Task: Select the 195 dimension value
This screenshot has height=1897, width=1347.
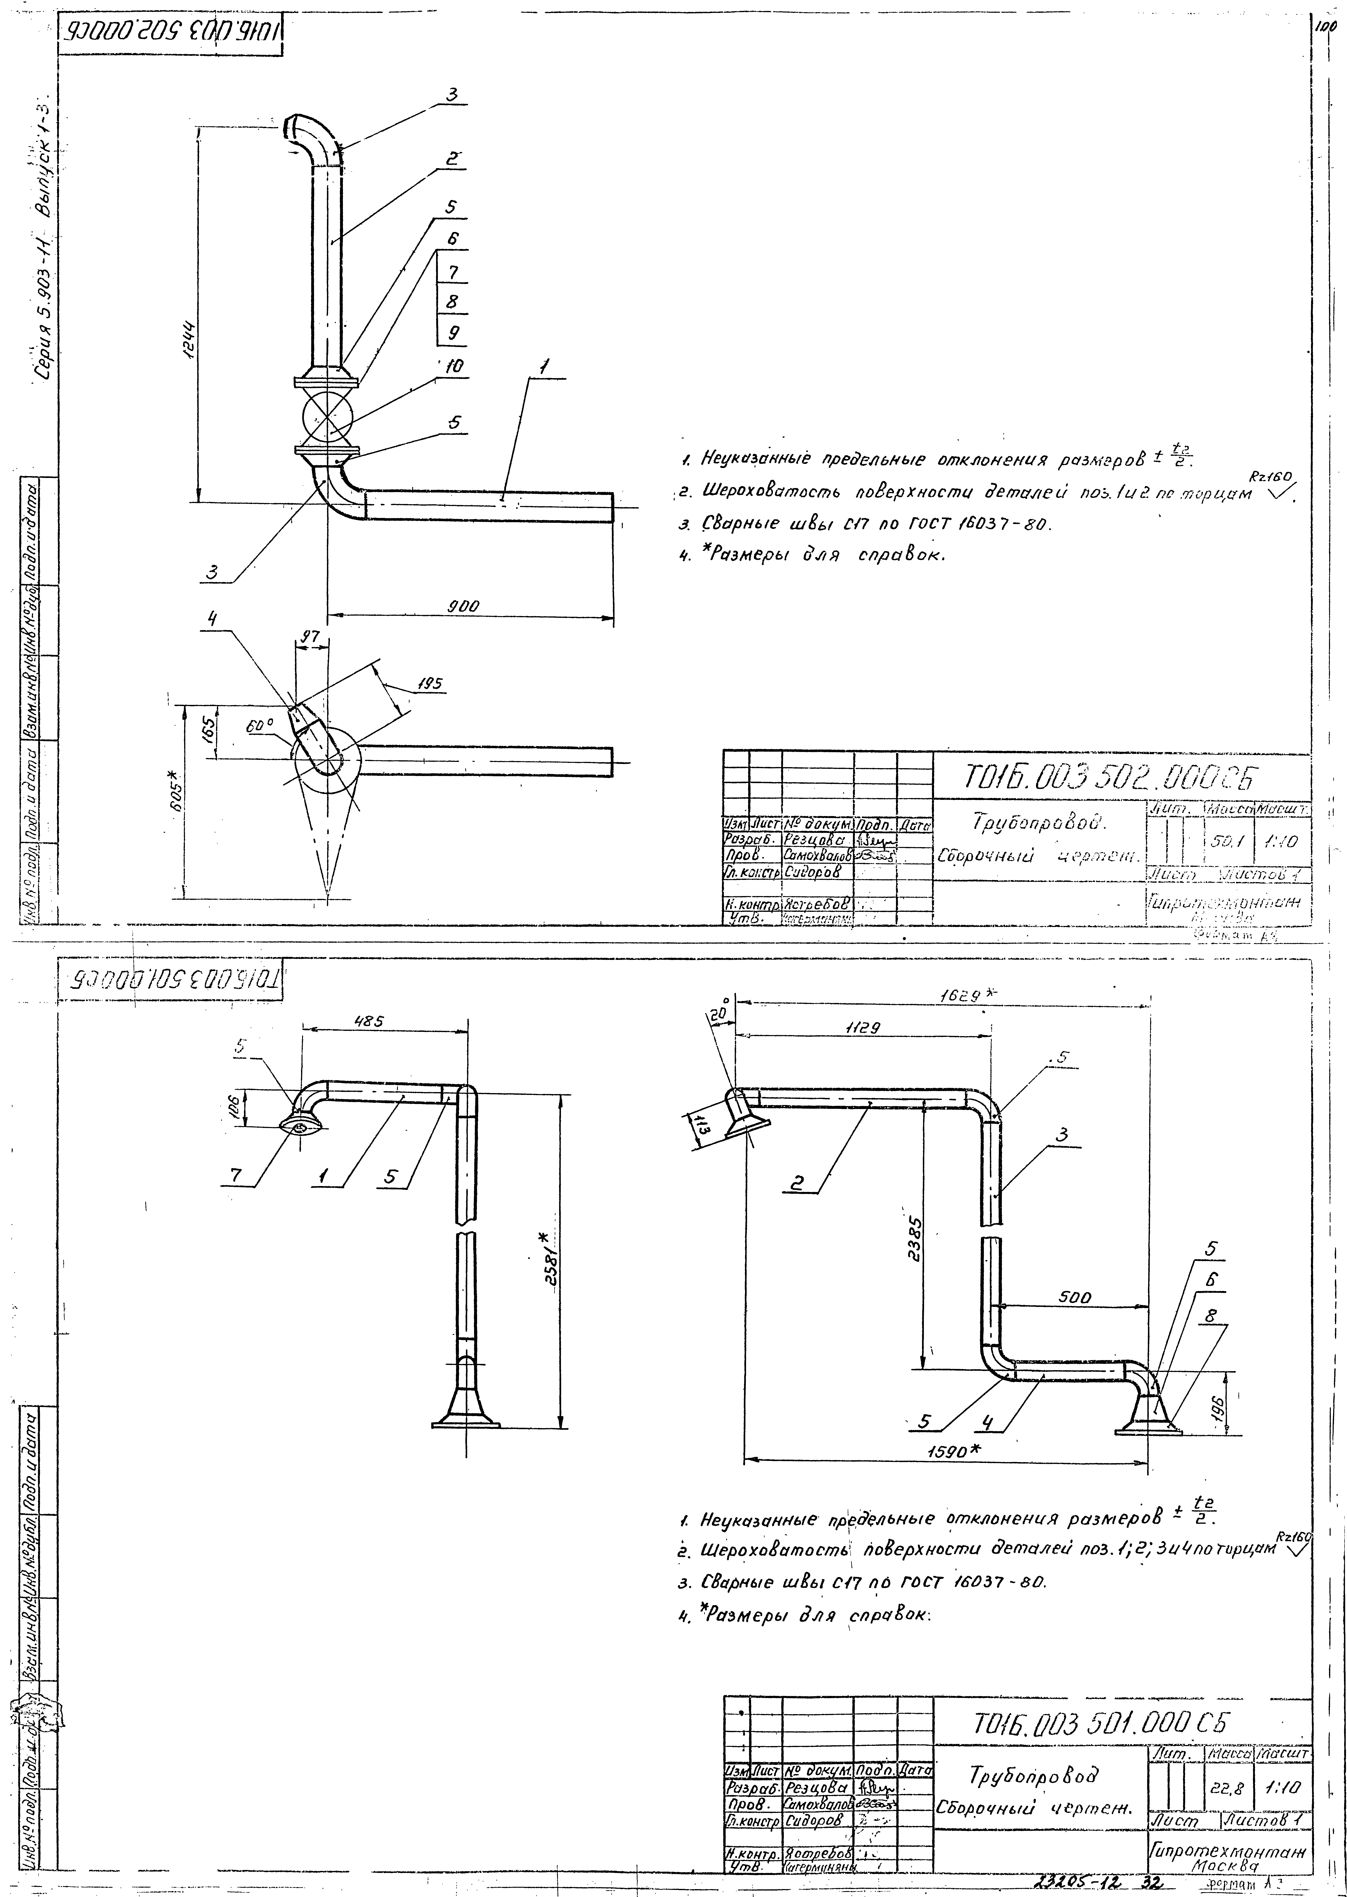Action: click(430, 684)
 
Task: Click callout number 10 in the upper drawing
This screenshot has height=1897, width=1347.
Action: click(454, 366)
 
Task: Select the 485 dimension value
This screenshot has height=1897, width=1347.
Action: click(368, 1022)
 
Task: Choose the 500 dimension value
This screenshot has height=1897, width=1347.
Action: click(1075, 1297)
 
